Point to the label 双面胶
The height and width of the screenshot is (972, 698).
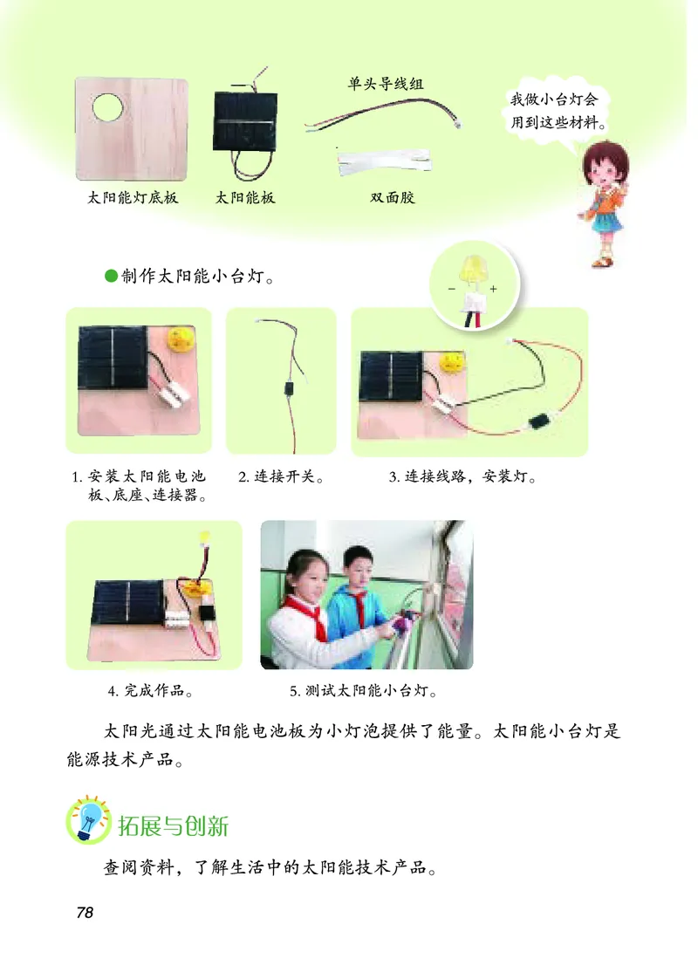(393, 198)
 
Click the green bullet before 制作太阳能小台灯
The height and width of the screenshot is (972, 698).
(110, 276)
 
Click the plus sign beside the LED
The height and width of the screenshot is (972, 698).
(494, 288)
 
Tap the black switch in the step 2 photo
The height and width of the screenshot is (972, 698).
(287, 389)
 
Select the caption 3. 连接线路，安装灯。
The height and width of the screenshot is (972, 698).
(463, 478)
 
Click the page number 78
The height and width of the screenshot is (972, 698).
(85, 913)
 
